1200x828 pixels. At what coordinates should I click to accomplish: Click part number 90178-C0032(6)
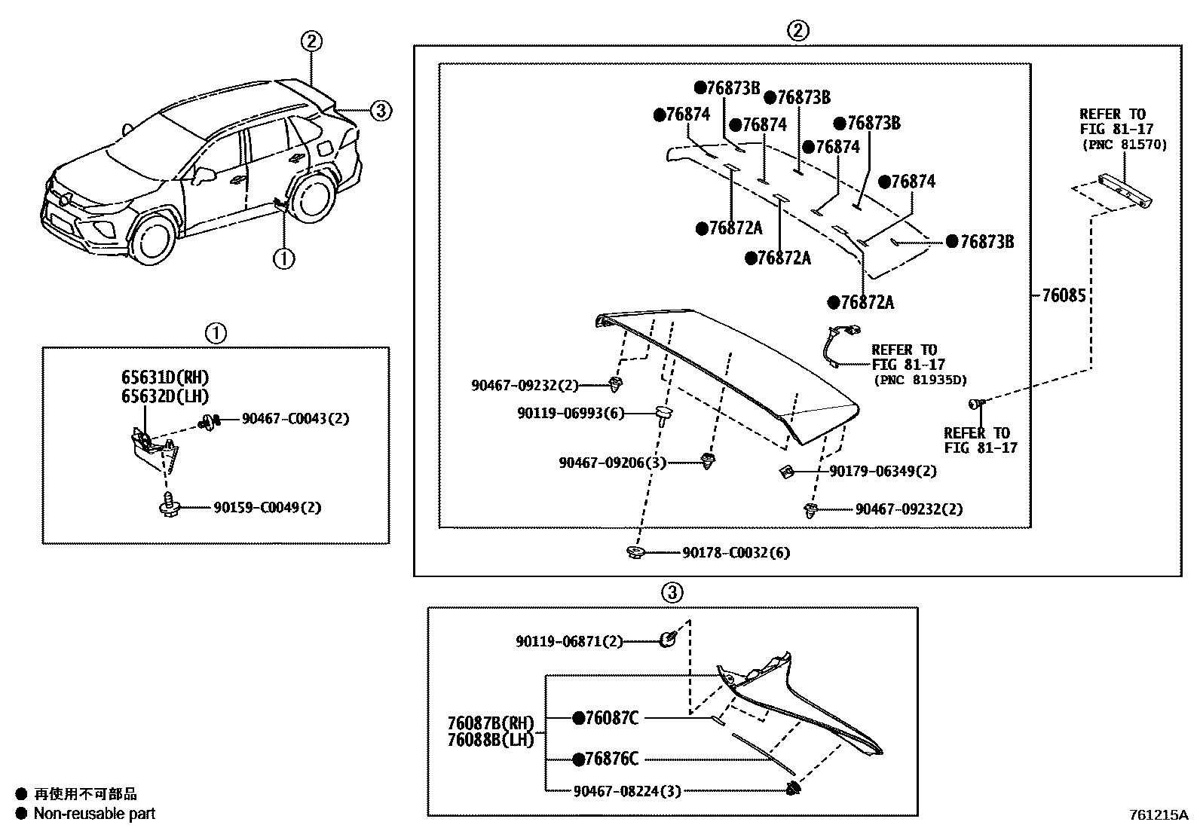tap(736, 553)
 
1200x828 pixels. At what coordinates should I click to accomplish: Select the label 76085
tap(1064, 296)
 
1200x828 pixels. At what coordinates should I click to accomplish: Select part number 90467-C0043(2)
tap(295, 418)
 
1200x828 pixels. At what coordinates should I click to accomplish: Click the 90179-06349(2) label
tap(883, 471)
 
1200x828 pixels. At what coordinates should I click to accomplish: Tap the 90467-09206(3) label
tap(612, 463)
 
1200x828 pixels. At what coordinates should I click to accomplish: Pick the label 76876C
tap(612, 759)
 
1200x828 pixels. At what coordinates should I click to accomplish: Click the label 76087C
tap(612, 719)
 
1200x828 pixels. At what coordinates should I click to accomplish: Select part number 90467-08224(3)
tap(627, 791)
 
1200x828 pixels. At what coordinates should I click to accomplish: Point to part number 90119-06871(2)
tap(569, 641)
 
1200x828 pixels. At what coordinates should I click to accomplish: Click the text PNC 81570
tap(1124, 144)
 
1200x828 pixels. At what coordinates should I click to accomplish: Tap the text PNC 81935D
tap(920, 380)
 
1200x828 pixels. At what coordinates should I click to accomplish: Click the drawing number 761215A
tap(1157, 815)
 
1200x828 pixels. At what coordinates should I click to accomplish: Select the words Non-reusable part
tap(94, 814)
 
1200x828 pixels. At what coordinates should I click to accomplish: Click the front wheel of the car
tap(154, 237)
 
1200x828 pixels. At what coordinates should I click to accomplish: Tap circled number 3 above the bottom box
tap(672, 592)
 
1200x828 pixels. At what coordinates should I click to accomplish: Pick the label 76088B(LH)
tap(491, 739)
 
